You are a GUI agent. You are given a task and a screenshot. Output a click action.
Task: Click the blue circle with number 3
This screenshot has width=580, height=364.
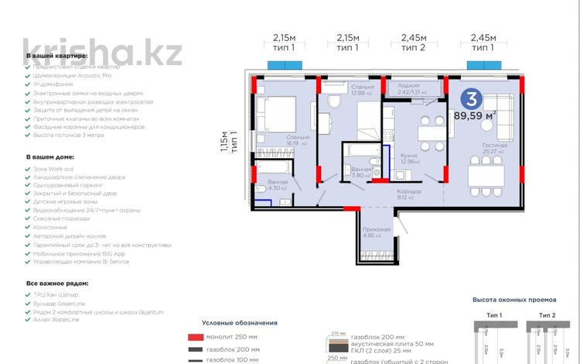click(469, 98)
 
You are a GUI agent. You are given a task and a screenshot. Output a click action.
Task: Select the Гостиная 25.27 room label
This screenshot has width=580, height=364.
click(494, 148)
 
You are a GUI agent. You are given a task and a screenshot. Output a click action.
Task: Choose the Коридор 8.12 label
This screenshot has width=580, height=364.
click(409, 194)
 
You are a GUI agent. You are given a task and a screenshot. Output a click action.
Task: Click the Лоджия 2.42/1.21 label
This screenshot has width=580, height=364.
click(408, 89)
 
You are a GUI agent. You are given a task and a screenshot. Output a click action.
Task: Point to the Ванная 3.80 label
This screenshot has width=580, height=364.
click(360, 172)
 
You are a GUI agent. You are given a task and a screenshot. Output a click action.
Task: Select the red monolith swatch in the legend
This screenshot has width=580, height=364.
click(195, 337)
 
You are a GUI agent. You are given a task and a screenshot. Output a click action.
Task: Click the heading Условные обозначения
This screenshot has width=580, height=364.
click(239, 322)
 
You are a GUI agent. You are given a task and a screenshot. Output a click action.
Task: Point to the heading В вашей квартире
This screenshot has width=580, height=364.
click(57, 57)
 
